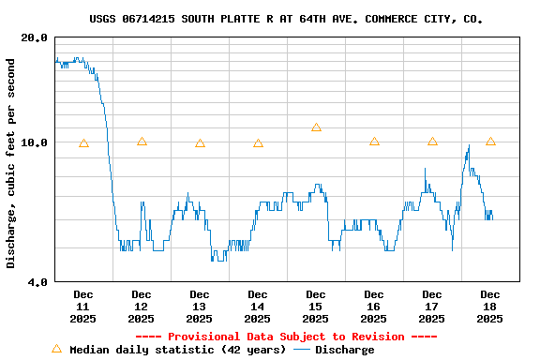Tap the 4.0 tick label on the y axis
[37, 281]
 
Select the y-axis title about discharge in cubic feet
[11, 163]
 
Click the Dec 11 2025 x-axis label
[83, 307]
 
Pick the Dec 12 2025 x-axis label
[142, 307]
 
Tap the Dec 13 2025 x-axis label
[200, 307]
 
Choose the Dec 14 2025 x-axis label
[258, 307]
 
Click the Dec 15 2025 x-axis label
[316, 307]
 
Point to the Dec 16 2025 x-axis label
[374, 307]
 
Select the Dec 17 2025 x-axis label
[432, 307]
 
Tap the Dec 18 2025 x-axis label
[490, 307]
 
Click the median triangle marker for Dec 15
[316, 127]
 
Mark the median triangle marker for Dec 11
[83, 143]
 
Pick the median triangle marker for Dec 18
[490, 142]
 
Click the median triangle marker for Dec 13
[200, 143]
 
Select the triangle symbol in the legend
[56, 349]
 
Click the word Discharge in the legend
[344, 350]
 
